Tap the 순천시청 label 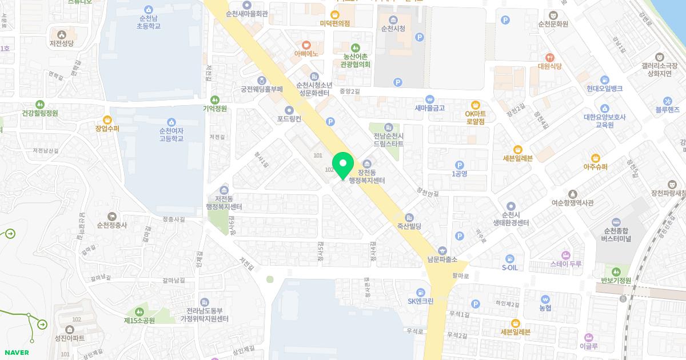(393, 28)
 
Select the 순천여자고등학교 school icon (171, 122)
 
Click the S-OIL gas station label (510, 267)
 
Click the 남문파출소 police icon (442, 250)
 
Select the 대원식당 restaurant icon (550, 57)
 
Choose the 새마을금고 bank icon (430, 99)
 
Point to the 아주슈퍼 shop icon (595, 158)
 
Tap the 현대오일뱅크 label (604, 89)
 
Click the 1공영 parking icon (459, 165)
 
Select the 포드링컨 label (289, 119)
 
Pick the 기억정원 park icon (215, 99)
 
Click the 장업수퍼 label (107, 129)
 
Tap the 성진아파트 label (70, 338)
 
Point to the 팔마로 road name (460, 275)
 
